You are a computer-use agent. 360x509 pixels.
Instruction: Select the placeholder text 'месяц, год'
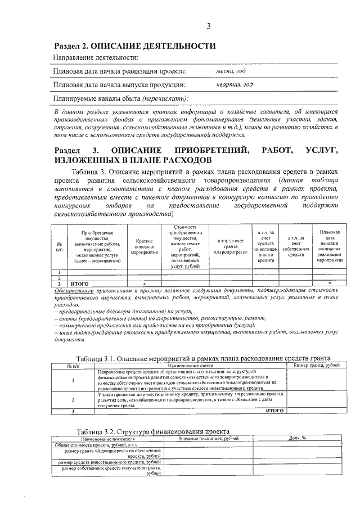pyautogui.click(x=231, y=71)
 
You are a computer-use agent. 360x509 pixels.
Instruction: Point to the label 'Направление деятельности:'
pyautogui.click(x=96, y=58)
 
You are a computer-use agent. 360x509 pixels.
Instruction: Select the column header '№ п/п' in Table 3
pyautogui.click(x=59, y=246)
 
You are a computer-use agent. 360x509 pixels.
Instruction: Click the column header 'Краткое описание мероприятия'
pyautogui.click(x=145, y=246)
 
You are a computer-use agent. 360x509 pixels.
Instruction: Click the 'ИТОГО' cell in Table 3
pyautogui.click(x=79, y=283)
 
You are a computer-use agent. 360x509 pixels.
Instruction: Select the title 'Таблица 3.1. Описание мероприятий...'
pyautogui.click(x=203, y=358)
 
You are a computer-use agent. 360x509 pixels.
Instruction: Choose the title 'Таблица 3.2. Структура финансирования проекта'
pyautogui.click(x=153, y=431)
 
